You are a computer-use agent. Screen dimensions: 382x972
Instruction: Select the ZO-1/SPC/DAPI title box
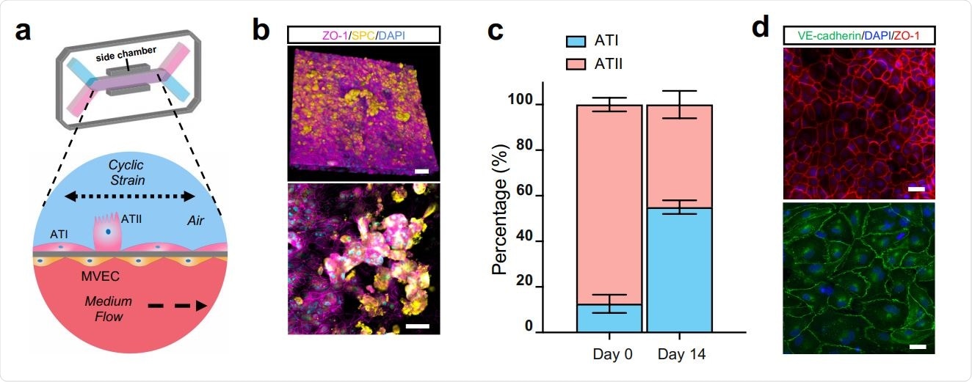coord(363,34)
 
